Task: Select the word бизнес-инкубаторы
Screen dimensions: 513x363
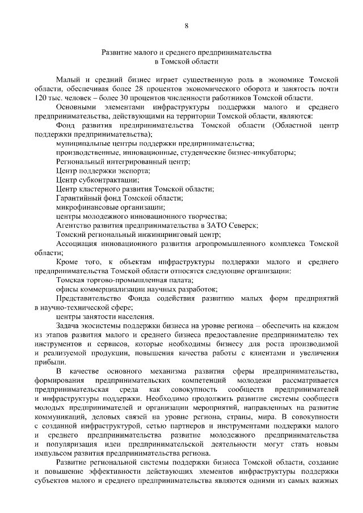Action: [x=262, y=152]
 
